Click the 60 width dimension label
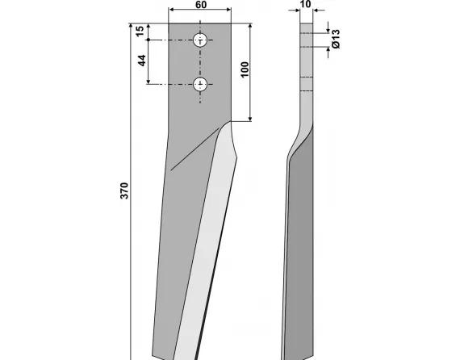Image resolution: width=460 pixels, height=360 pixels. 199,5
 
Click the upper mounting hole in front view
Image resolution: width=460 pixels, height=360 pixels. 201,40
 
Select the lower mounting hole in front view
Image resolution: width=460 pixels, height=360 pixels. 201,82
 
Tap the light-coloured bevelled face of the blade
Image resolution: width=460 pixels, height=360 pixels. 206,242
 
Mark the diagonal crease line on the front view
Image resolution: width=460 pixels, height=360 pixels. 194,149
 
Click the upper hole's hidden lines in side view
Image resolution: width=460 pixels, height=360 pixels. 306,40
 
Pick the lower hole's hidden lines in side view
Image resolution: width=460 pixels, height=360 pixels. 306,82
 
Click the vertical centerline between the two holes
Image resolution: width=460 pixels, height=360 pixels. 201,61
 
